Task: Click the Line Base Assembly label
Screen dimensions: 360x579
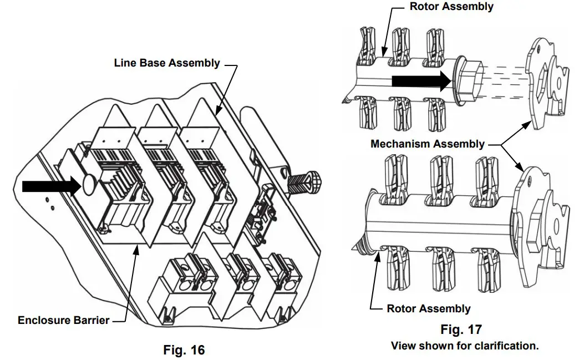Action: tap(167, 63)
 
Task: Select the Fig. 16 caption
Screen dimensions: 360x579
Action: tap(184, 350)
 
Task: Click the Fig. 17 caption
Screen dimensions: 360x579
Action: tap(461, 329)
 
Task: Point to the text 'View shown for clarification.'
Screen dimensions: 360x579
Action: tap(465, 346)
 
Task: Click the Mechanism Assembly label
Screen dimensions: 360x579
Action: tap(427, 144)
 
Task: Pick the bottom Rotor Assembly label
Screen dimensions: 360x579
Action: tap(428, 309)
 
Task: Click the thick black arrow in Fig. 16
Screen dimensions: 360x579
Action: tap(51, 186)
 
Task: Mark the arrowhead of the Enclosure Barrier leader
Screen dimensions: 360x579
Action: tap(136, 251)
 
